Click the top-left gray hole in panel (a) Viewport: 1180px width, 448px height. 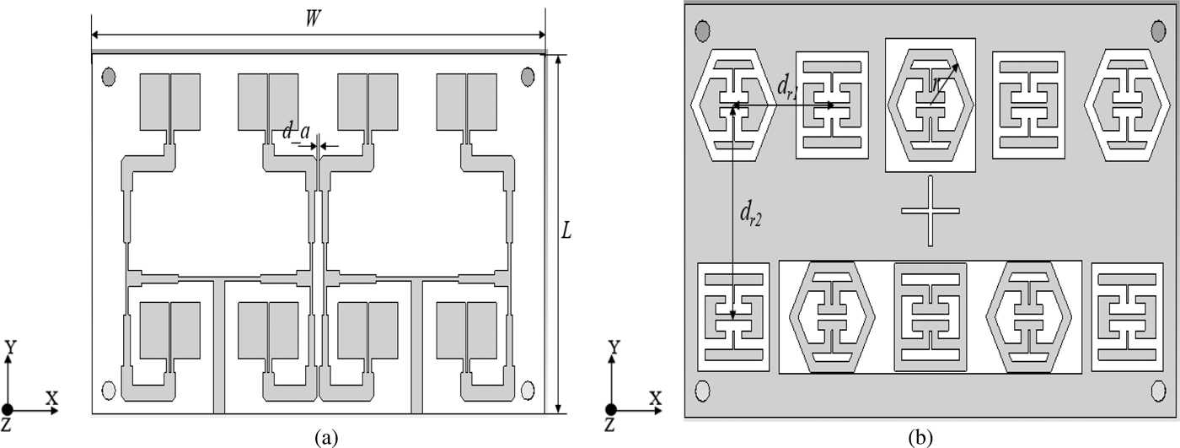point(108,78)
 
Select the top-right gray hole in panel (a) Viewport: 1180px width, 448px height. point(528,78)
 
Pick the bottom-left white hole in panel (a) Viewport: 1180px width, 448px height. point(108,390)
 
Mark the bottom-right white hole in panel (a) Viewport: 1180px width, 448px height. point(528,390)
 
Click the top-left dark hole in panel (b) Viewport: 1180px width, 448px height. point(701,31)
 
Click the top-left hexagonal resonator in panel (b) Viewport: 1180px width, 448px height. point(732,105)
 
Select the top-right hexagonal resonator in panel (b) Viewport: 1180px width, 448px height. point(1126,105)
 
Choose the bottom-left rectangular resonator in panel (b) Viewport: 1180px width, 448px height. point(734,317)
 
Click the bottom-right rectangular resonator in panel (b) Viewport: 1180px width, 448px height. point(1127,317)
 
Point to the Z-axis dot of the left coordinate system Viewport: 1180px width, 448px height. point(8,410)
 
